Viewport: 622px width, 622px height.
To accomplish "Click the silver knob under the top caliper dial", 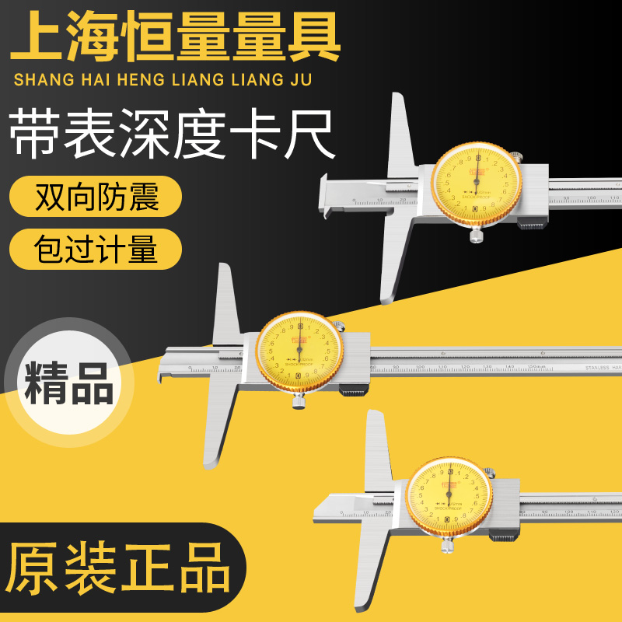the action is [x=475, y=236].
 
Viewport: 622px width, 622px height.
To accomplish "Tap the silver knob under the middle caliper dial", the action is [x=299, y=401].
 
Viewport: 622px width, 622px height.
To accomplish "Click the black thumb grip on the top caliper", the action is [x=530, y=225].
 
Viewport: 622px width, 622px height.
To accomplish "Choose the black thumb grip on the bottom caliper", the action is [x=502, y=536].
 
